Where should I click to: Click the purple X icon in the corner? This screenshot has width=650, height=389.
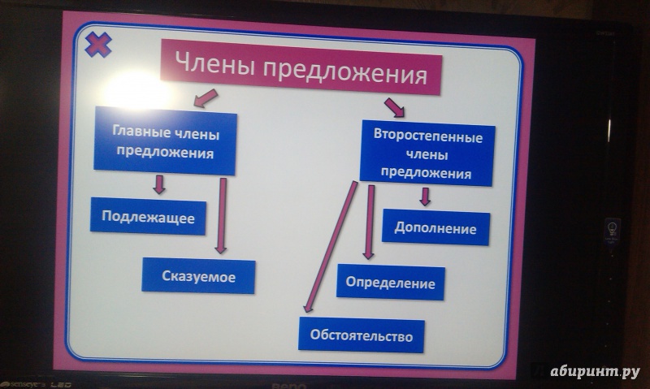[98, 45]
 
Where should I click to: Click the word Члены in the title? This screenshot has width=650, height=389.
[214, 64]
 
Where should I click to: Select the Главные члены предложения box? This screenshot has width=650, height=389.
[166, 140]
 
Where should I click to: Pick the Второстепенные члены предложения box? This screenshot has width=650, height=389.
[427, 153]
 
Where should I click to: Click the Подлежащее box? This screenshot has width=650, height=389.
[148, 217]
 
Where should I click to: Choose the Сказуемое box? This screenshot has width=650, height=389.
[198, 276]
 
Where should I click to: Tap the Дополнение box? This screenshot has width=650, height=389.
[435, 227]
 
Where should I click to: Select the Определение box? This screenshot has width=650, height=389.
[391, 283]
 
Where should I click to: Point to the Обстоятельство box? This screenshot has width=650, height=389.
[362, 335]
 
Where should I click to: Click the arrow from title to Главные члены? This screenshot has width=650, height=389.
[206, 98]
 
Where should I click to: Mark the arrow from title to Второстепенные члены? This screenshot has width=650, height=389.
[394, 108]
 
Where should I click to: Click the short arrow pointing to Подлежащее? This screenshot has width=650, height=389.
[159, 184]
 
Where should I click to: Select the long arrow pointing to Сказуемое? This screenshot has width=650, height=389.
[222, 215]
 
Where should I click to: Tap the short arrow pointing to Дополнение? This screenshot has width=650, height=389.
[424, 197]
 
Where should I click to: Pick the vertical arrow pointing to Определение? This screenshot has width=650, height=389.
[369, 222]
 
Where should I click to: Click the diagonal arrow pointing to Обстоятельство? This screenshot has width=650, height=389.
[331, 247]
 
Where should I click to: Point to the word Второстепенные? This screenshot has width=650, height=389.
[428, 136]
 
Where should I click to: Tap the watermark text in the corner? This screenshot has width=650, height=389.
[595, 372]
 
